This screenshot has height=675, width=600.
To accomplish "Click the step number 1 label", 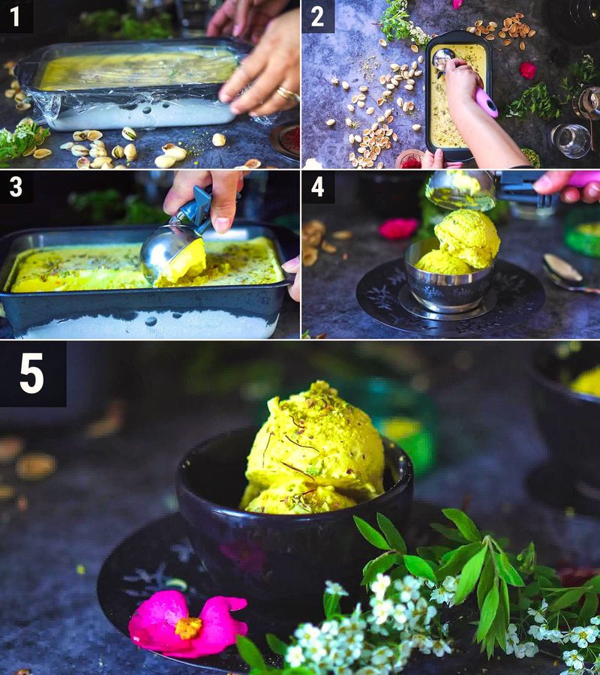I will (16, 16).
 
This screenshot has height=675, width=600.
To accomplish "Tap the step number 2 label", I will (318, 16).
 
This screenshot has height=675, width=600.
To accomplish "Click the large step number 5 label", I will (32, 373).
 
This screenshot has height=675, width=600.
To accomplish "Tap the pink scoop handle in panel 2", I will (486, 102).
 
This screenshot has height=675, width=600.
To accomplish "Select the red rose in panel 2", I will (528, 70).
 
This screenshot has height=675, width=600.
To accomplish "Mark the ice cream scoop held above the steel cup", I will (459, 187).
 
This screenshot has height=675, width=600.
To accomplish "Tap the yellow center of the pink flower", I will (188, 627).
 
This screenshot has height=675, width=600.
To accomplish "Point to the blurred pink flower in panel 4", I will (398, 229).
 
